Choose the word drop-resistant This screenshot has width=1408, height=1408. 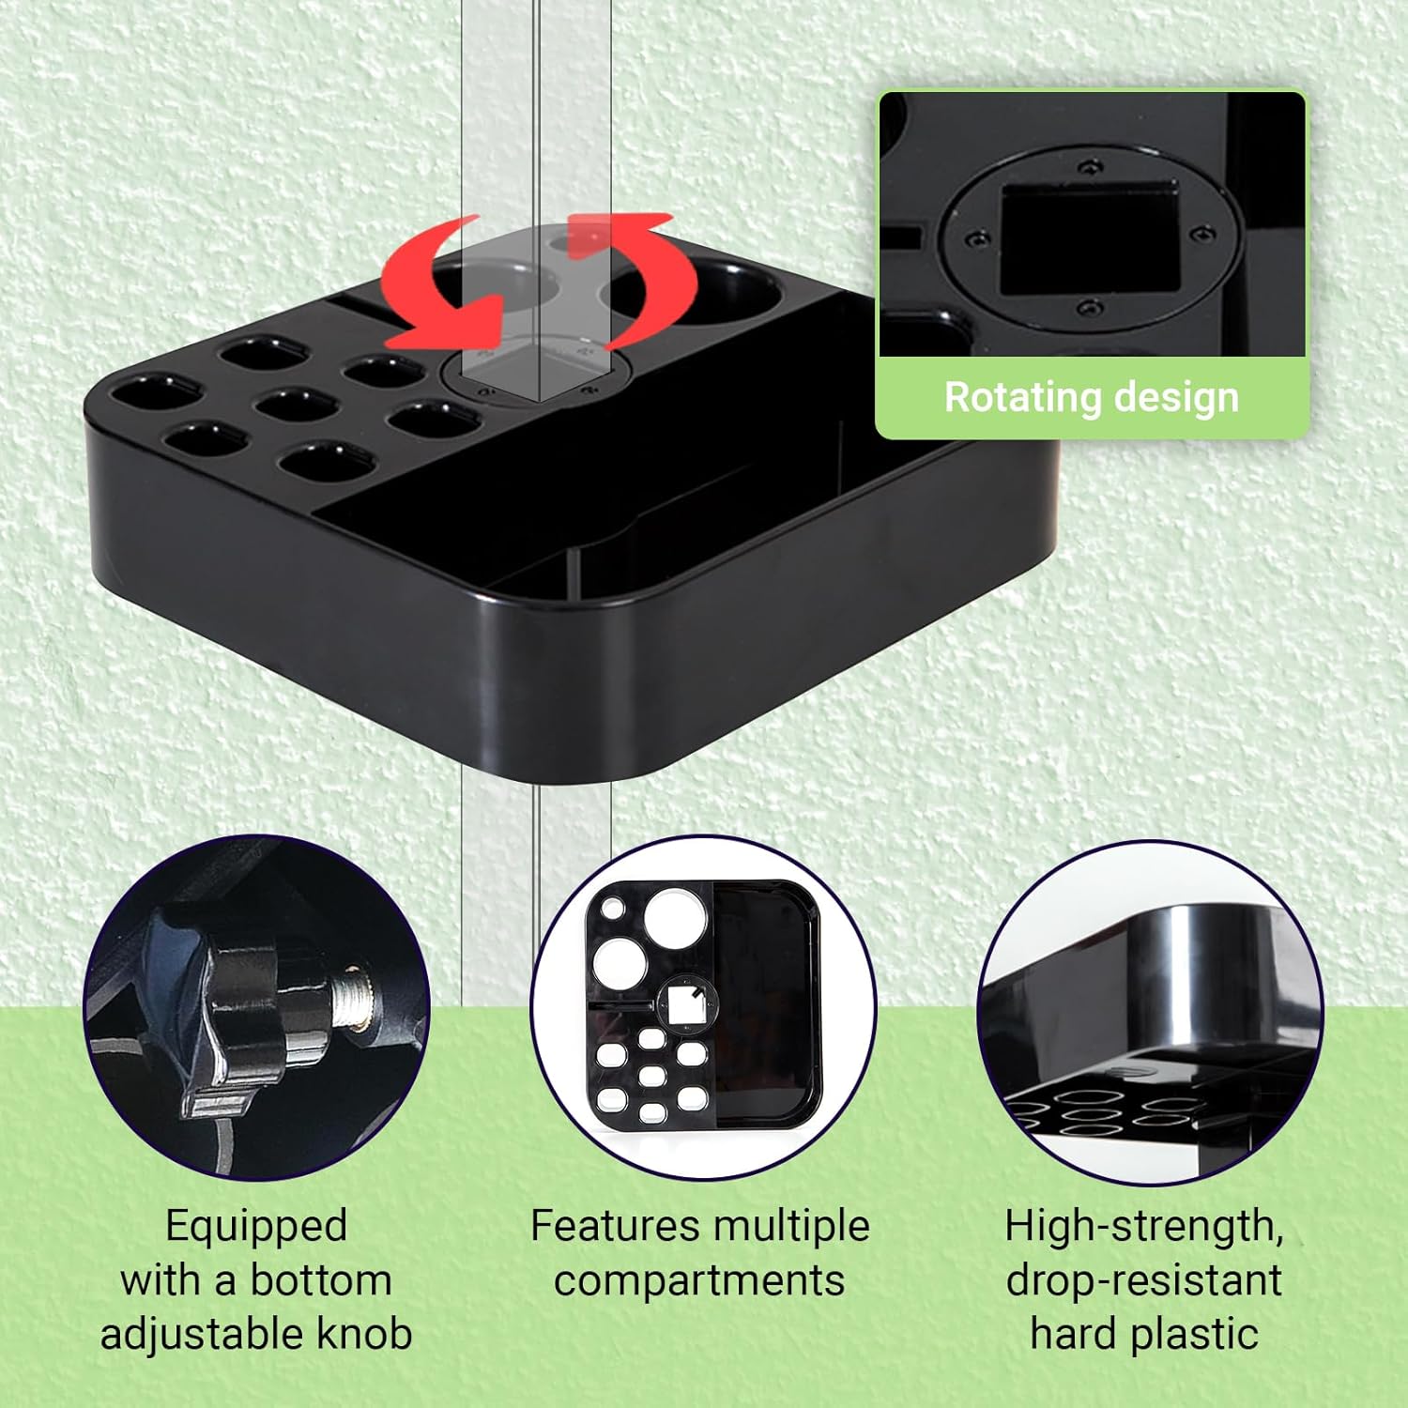(1144, 1280)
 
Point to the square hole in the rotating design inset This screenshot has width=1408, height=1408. (1089, 237)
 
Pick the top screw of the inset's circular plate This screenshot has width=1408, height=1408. (1090, 168)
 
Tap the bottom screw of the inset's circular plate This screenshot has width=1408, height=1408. (1089, 308)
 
